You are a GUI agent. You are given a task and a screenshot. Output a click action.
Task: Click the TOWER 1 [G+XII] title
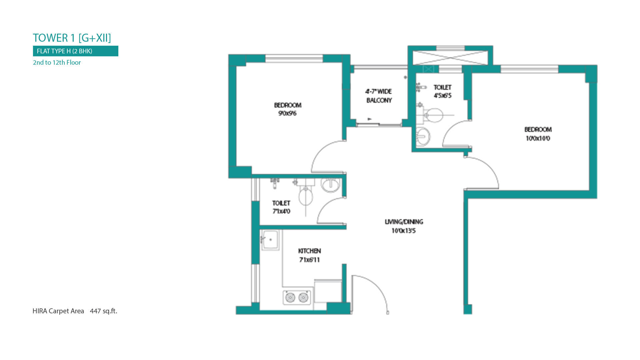(72, 38)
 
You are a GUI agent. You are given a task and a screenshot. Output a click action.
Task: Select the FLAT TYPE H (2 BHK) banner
(76, 51)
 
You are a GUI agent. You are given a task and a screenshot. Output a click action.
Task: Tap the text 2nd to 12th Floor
(57, 62)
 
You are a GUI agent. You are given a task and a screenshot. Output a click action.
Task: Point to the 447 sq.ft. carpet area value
(103, 311)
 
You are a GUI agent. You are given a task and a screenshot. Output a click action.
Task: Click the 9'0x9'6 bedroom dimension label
(287, 113)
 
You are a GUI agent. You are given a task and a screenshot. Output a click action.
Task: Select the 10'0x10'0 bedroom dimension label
(538, 138)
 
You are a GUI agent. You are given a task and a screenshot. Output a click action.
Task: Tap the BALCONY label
(379, 100)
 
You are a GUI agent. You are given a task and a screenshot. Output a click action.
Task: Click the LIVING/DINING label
(404, 222)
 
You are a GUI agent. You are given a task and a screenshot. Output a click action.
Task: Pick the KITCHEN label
(309, 251)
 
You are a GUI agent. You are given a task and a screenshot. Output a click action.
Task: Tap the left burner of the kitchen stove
(290, 297)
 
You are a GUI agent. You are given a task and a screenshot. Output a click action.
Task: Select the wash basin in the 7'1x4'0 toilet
(330, 185)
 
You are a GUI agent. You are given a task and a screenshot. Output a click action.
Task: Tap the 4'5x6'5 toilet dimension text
(442, 96)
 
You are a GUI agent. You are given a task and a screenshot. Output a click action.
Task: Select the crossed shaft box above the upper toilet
(450, 58)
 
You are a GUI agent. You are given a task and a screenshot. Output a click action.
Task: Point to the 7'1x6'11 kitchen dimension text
(309, 260)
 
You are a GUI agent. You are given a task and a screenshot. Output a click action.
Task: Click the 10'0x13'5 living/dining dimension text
(404, 231)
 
